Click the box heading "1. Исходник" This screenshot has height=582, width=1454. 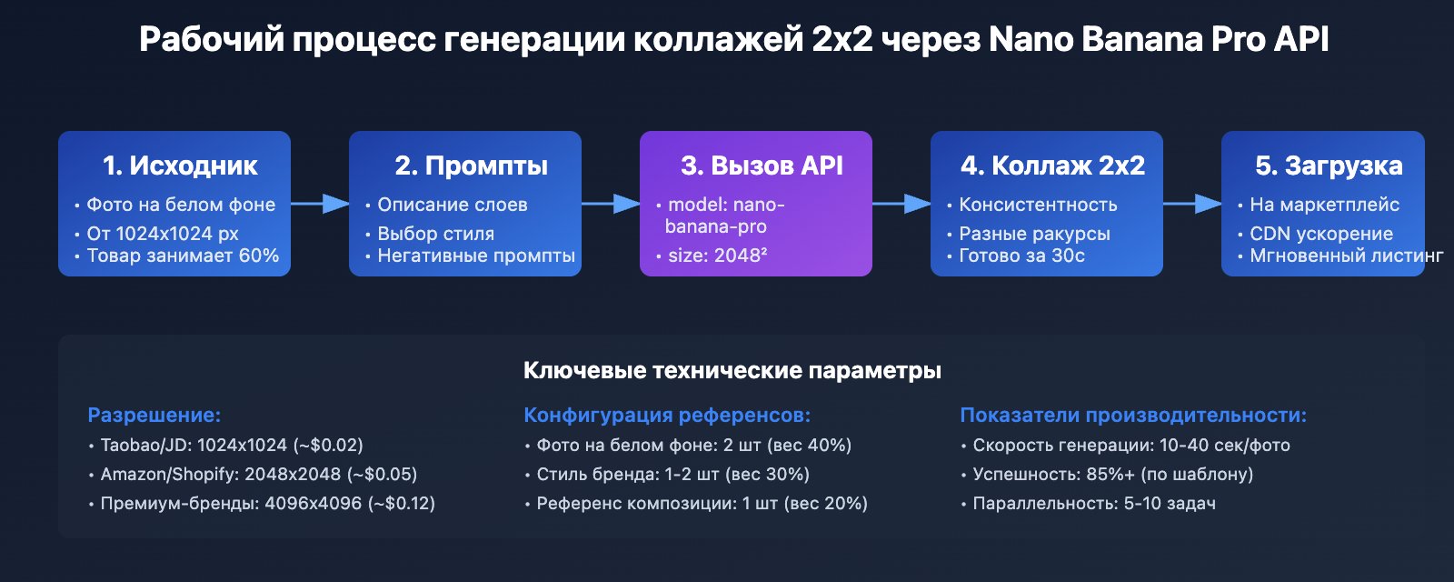tap(180, 166)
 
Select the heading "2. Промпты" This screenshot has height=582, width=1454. tap(471, 166)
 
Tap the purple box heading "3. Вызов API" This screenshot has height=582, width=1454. tap(762, 166)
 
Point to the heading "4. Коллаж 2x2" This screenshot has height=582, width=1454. tap(1052, 166)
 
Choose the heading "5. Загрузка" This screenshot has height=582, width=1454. tap(1329, 166)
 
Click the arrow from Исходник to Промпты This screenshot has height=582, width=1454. tap(320, 204)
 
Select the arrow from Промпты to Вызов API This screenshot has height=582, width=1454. tap(611, 204)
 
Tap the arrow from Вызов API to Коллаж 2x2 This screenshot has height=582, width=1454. tap(901, 204)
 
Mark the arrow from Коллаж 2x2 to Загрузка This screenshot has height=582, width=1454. tap(1192, 204)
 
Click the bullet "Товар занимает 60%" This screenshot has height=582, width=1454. tap(183, 256)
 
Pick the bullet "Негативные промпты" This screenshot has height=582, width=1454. tap(476, 256)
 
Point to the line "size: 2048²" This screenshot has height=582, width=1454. tap(717, 256)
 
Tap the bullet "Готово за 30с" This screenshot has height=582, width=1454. tap(1021, 256)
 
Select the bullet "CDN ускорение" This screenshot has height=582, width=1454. tap(1320, 234)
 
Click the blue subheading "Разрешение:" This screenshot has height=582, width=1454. tap(154, 415)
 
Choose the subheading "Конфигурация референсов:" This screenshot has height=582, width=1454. tap(667, 415)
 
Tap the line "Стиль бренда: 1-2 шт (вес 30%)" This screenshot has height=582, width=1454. tap(672, 474)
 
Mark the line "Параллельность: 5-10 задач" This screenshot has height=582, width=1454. tap(1093, 503)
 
